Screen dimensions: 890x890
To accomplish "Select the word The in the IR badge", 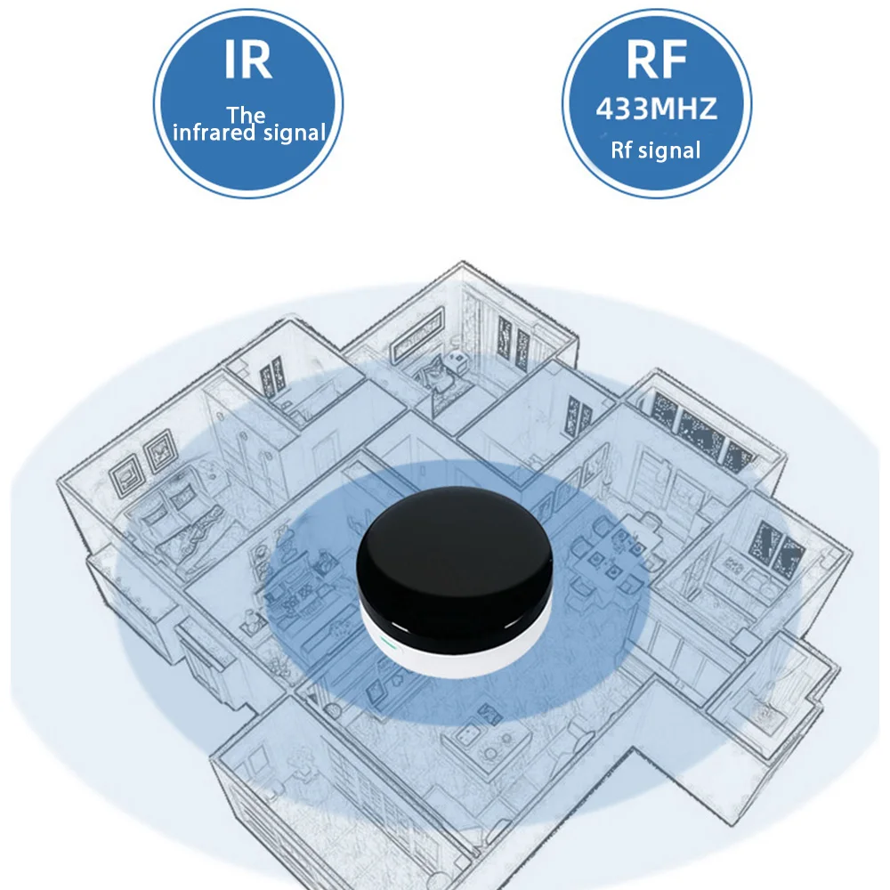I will [x=246, y=115].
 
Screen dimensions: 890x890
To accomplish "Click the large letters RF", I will [x=656, y=61].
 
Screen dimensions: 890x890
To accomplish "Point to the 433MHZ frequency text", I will [x=656, y=109].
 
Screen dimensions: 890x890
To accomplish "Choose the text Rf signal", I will [x=656, y=150].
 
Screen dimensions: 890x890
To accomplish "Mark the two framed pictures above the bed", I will [x=142, y=463].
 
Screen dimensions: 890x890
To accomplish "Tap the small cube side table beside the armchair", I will [x=458, y=360].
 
